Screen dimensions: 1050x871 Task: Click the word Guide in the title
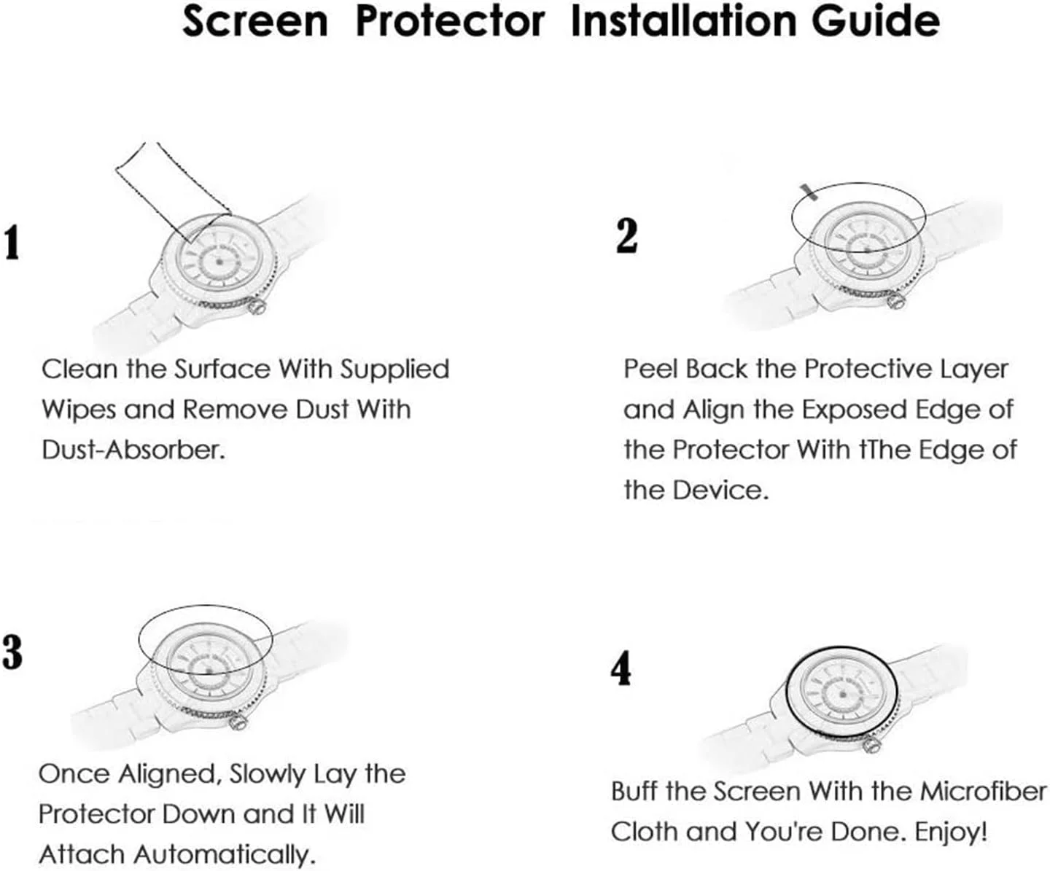click(x=876, y=21)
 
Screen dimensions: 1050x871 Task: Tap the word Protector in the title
click(x=450, y=21)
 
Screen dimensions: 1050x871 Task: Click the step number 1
click(x=12, y=243)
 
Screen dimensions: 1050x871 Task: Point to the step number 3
click(x=12, y=652)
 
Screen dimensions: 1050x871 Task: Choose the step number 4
click(x=621, y=668)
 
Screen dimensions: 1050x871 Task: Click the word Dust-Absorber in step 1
click(x=133, y=450)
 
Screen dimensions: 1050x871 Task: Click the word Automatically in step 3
click(x=225, y=854)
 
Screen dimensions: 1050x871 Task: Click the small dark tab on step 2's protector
click(x=809, y=192)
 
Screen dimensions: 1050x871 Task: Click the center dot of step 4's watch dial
click(x=844, y=695)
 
